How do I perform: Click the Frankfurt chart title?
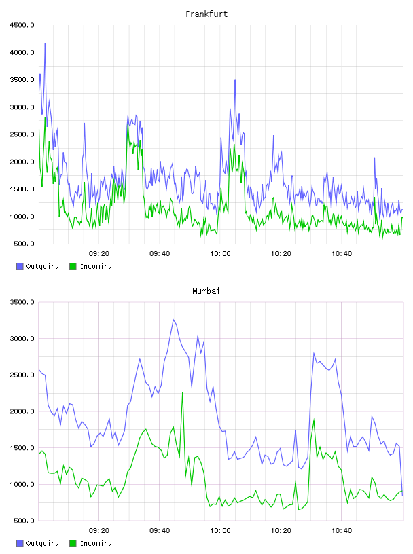pyautogui.click(x=206, y=14)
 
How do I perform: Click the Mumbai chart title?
pyautogui.click(x=206, y=291)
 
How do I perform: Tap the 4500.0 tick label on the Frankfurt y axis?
pyautogui.click(x=22, y=25)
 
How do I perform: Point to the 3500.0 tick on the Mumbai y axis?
pyautogui.click(x=22, y=302)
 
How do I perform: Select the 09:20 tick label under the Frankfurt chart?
pyautogui.click(x=99, y=253)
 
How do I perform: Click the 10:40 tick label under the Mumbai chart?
pyautogui.click(x=342, y=530)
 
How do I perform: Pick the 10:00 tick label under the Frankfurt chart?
pyautogui.click(x=220, y=253)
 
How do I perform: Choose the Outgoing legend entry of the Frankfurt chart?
pyautogui.click(x=38, y=266)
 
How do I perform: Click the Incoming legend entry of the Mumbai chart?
pyautogui.click(x=91, y=543)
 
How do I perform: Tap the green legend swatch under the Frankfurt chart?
pyautogui.click(x=73, y=266)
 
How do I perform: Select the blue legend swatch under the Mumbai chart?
pyautogui.click(x=20, y=543)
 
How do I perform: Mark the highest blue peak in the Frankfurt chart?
pyautogui.click(x=45, y=44)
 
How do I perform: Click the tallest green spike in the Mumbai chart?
pyautogui.click(x=183, y=392)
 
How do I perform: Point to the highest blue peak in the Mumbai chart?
pyautogui.click(x=173, y=320)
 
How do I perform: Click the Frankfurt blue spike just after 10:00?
pyautogui.click(x=235, y=81)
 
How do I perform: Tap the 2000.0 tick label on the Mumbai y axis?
pyautogui.click(x=22, y=411)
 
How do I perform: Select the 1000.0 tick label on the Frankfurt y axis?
pyautogui.click(x=22, y=216)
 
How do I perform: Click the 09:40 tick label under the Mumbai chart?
pyautogui.click(x=160, y=530)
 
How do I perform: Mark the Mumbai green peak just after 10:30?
pyautogui.click(x=314, y=420)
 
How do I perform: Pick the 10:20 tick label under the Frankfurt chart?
pyautogui.click(x=281, y=253)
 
